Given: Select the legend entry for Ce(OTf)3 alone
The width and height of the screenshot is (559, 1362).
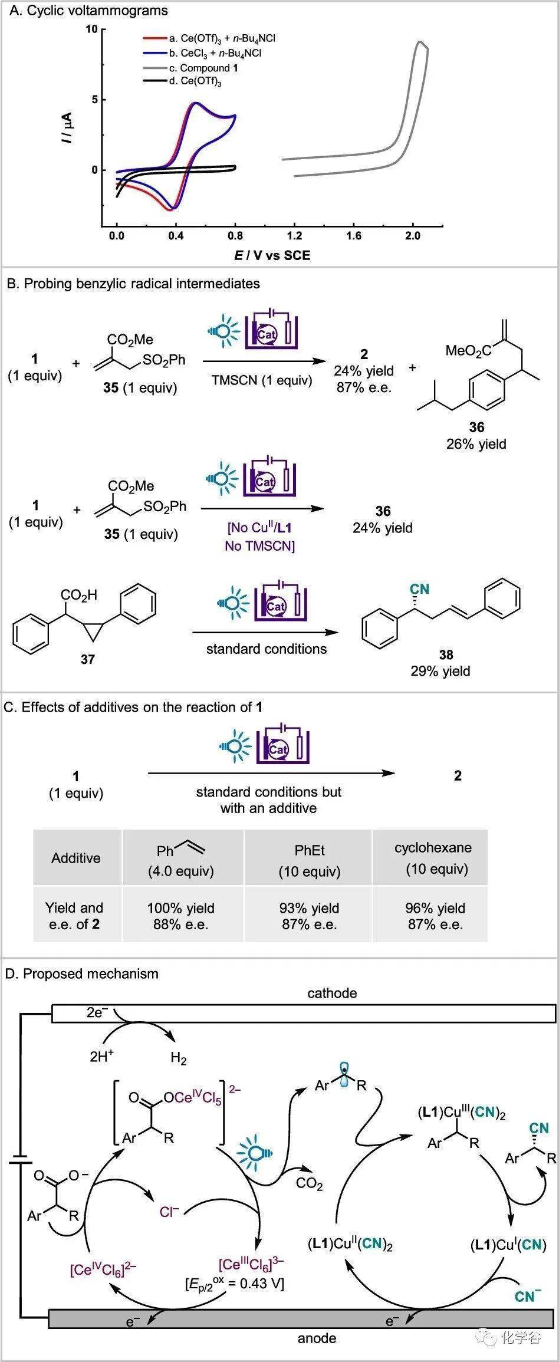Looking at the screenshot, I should pyautogui.click(x=195, y=81).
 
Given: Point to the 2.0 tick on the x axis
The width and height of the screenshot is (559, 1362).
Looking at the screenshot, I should pyautogui.click(x=413, y=236).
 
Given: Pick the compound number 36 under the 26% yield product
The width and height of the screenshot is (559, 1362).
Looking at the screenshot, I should pyautogui.click(x=476, y=427).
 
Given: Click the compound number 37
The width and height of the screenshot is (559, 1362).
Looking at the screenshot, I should pyautogui.click(x=87, y=659).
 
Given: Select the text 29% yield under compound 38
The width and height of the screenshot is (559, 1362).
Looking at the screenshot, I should pyautogui.click(x=440, y=670).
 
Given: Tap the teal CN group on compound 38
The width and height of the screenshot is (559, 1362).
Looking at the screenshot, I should pyautogui.click(x=419, y=589).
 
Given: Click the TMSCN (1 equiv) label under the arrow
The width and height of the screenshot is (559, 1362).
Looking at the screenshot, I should pyautogui.click(x=262, y=380).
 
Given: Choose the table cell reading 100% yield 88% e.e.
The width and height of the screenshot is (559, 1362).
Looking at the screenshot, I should pyautogui.click(x=181, y=916).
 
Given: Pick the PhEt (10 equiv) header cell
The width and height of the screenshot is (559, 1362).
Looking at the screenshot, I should pyautogui.click(x=310, y=860).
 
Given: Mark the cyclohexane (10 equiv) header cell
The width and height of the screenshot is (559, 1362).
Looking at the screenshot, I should pyautogui.click(x=433, y=858).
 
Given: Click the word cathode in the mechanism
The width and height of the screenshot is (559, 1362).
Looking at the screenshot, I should pyautogui.click(x=332, y=993).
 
